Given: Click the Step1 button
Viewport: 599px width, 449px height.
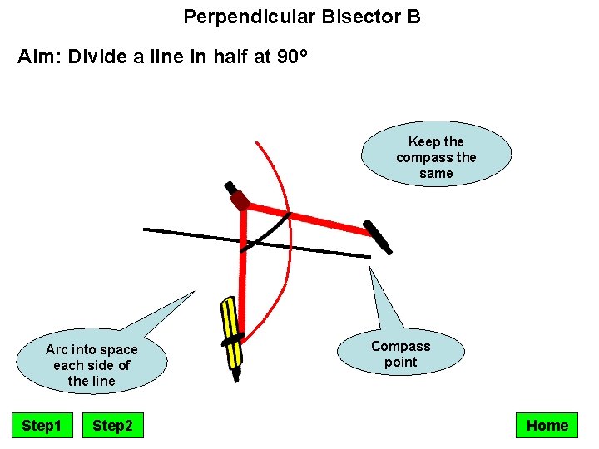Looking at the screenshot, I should [x=42, y=426].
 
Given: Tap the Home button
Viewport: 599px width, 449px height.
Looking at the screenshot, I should [x=547, y=426].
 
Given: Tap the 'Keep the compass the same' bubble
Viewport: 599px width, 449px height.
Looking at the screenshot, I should [x=436, y=157].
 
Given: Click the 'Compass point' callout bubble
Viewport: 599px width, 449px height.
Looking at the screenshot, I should [x=400, y=354].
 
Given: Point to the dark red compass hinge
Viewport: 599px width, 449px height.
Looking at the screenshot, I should [x=240, y=200].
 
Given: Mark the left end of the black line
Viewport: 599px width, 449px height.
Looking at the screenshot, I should [x=146, y=229].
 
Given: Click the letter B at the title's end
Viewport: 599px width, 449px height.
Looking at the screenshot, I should [x=414, y=17].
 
